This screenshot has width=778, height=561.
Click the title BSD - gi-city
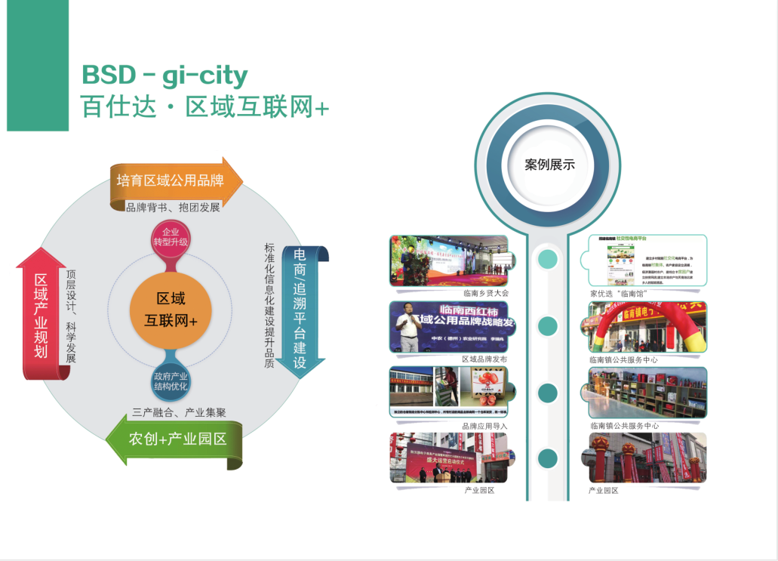click(x=165, y=75)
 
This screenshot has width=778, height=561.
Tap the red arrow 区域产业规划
click(x=42, y=315)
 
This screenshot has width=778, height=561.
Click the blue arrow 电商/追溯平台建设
click(x=300, y=307)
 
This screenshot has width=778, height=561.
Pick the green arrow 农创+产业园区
click(x=177, y=439)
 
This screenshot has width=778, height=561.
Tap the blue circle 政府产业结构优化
click(x=171, y=381)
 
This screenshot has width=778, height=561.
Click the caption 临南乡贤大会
click(x=486, y=293)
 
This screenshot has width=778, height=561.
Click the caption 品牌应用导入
click(x=484, y=426)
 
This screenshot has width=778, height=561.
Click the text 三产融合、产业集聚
click(x=179, y=412)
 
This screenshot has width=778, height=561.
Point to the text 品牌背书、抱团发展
click(x=173, y=208)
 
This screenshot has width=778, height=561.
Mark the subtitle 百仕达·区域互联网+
click(x=205, y=107)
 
